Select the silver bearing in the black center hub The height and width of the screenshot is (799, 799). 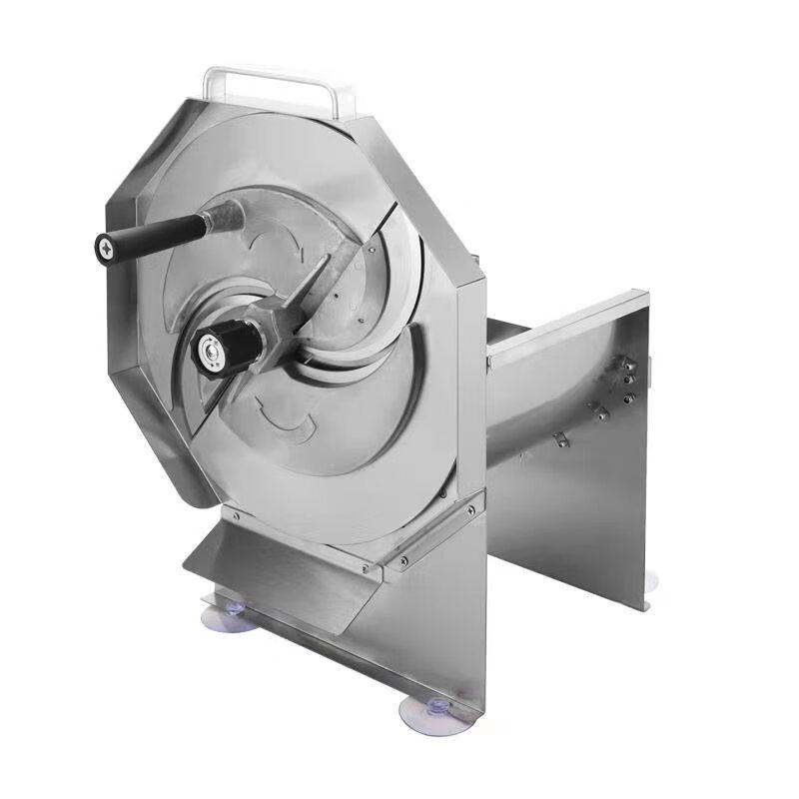point(210,350)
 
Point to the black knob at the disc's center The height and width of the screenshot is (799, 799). point(230,344)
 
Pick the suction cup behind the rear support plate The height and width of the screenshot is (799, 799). point(649,581)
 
